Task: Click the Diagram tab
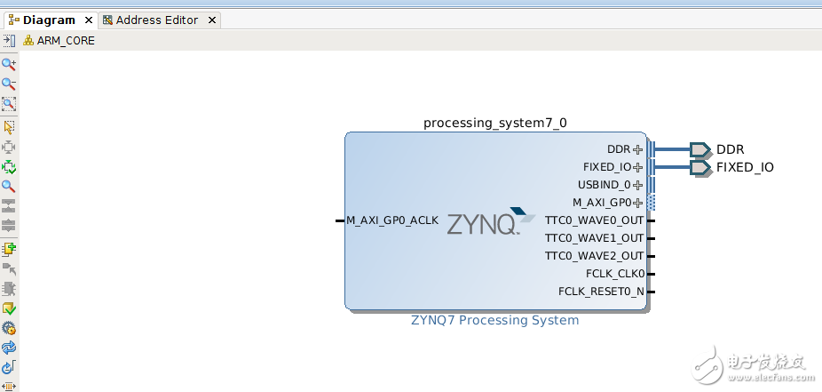(49, 20)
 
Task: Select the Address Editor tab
(155, 20)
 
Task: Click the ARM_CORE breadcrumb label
(66, 40)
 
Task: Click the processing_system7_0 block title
(494, 123)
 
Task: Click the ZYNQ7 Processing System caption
(494, 320)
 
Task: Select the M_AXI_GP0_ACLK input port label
(392, 220)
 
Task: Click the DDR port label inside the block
(619, 149)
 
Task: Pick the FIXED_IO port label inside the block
(607, 167)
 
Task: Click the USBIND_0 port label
(604, 185)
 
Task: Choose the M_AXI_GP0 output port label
(602, 203)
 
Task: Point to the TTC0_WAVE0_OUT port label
(594, 220)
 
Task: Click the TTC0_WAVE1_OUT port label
(594, 238)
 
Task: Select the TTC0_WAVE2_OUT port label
(594, 256)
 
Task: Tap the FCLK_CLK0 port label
(615, 274)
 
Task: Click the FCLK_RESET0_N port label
(601, 292)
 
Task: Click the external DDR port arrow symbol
(700, 149)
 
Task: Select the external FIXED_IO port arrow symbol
(700, 167)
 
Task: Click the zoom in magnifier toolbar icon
(9, 64)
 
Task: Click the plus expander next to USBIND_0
(637, 185)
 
